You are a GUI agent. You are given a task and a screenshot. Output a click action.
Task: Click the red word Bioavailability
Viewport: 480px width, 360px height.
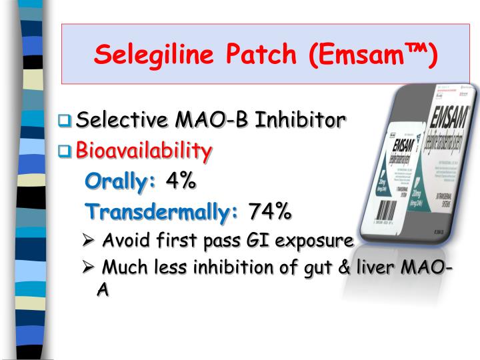(x=144, y=150)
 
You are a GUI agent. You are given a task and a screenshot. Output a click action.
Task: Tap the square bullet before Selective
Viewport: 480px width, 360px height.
(x=65, y=121)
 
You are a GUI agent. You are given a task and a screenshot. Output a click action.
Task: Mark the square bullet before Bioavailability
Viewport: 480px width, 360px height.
(x=65, y=151)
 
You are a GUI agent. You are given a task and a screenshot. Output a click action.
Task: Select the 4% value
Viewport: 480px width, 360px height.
(x=181, y=181)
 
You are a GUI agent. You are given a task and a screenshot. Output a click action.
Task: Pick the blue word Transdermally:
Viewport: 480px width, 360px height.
(x=163, y=211)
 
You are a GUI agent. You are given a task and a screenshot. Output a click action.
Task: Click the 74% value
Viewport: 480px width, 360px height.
(x=270, y=211)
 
